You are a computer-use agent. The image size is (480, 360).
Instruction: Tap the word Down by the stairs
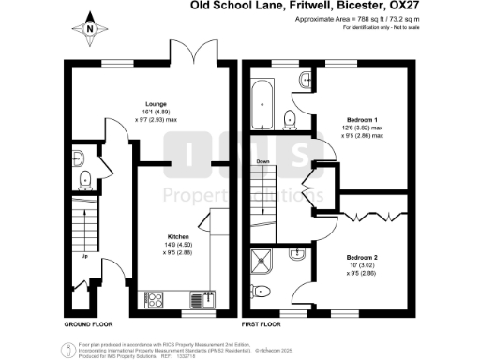[264, 161]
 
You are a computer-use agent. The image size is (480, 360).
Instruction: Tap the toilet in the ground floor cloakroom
[84, 178]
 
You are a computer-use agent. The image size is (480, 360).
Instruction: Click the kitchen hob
[157, 300]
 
